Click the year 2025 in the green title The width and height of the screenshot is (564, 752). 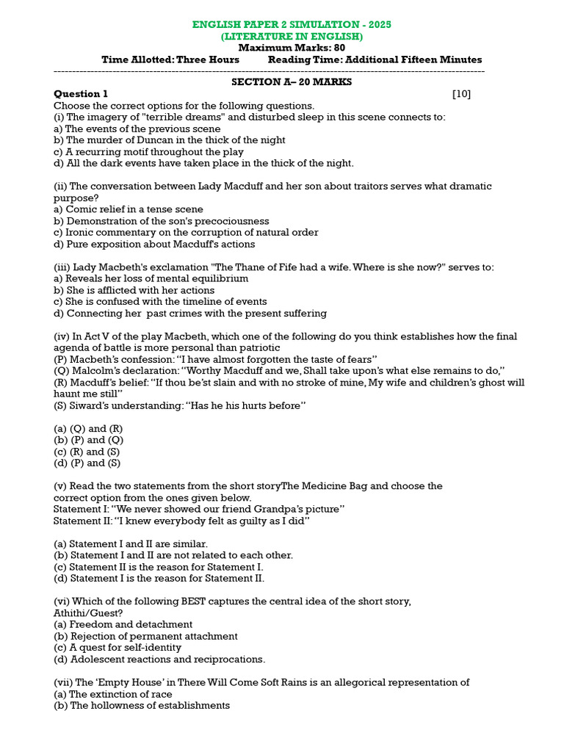[x=380, y=24]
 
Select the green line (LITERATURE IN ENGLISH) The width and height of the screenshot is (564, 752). [x=292, y=36]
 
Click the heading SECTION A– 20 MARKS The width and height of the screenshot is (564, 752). [x=292, y=82]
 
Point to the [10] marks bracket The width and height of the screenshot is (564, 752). [x=461, y=93]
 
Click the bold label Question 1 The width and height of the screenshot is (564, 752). [x=81, y=93]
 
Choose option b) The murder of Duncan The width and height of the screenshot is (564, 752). [x=170, y=140]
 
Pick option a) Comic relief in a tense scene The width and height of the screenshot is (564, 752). [x=129, y=209]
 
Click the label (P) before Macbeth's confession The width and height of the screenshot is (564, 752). [x=61, y=359]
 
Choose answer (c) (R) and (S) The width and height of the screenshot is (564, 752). [x=87, y=452]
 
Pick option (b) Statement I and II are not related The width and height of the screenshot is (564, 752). [x=173, y=555]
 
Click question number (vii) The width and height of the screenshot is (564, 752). [x=64, y=682]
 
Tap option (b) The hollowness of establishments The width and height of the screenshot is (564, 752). [x=142, y=705]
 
